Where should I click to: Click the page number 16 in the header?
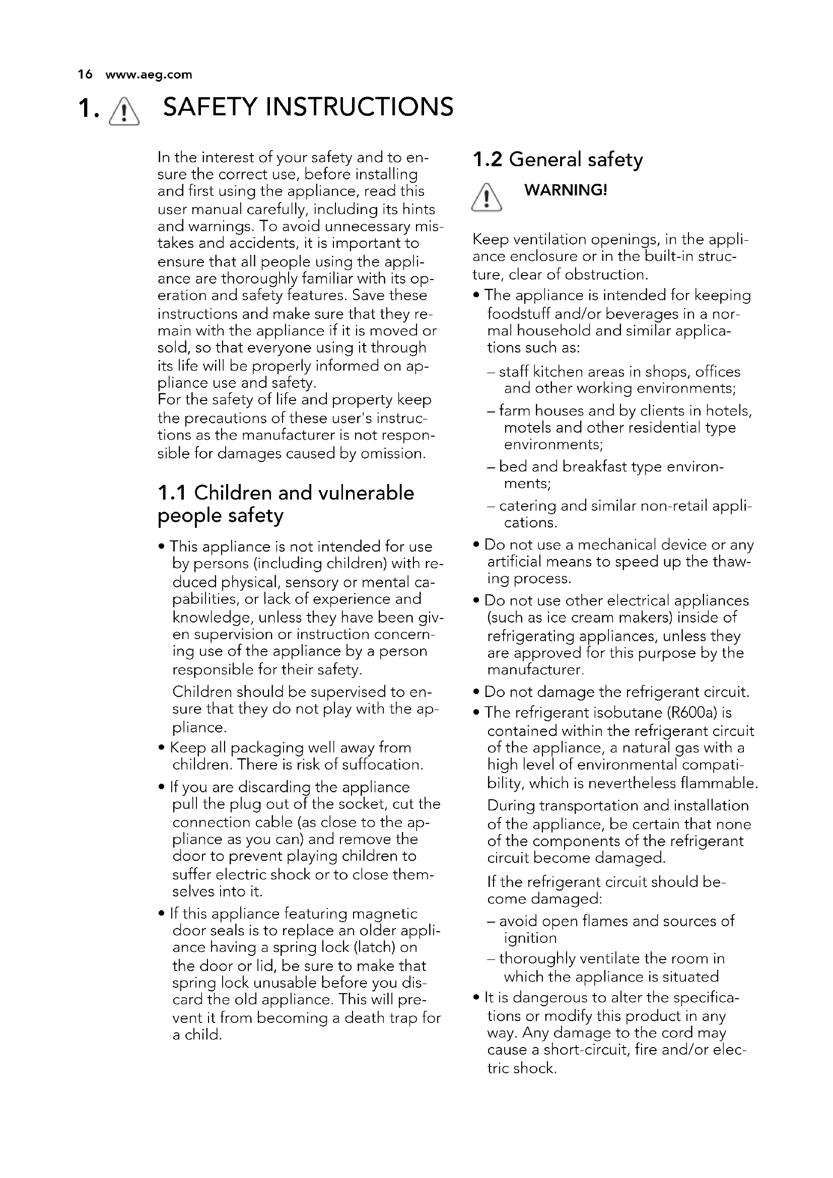pyautogui.click(x=85, y=75)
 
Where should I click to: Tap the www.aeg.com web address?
pyautogui.click(x=148, y=75)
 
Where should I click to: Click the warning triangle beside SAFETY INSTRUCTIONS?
pyautogui.click(x=123, y=111)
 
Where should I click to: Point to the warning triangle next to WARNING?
pyautogui.click(x=487, y=197)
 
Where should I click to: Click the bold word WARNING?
pyautogui.click(x=565, y=190)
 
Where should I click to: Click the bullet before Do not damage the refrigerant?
pyautogui.click(x=477, y=692)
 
